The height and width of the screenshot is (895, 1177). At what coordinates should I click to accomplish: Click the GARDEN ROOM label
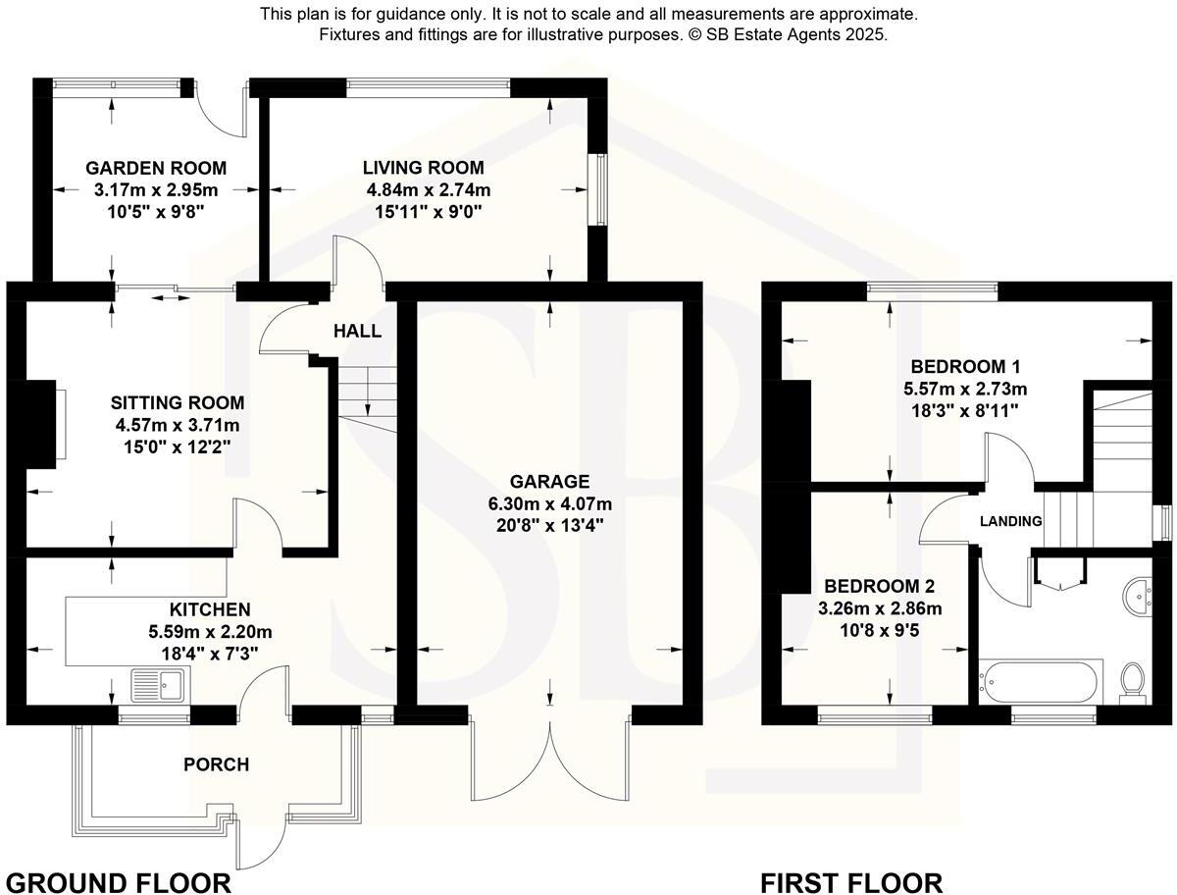(155, 168)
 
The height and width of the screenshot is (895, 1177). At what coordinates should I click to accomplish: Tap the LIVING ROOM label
(423, 168)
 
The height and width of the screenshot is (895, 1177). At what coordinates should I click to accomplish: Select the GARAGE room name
(549, 481)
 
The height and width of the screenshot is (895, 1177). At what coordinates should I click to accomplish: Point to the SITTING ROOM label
(177, 402)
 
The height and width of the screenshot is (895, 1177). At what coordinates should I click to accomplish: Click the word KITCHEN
(210, 609)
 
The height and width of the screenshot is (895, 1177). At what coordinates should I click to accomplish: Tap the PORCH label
(217, 764)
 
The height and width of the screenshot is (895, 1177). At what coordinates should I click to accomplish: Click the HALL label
(357, 332)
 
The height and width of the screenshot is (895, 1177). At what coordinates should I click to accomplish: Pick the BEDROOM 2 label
(878, 587)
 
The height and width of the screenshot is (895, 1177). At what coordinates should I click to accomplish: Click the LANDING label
(1010, 521)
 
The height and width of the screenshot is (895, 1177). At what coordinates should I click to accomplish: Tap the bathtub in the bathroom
(1040, 679)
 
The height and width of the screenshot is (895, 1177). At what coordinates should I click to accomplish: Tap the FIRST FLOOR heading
(850, 882)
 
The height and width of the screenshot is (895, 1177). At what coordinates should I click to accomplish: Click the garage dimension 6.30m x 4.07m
(549, 503)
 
